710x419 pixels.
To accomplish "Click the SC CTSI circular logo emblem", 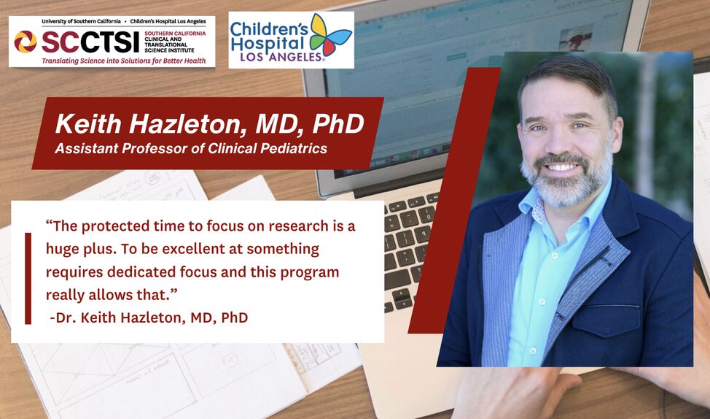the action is pyautogui.click(x=26, y=42).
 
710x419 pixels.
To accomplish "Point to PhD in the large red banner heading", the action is pyautogui.click(x=338, y=124).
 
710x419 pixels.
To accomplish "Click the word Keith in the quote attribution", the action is pyautogui.click(x=98, y=318).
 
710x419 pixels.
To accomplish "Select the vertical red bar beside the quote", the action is pyautogui.click(x=28, y=278).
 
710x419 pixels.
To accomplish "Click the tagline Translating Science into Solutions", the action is pyautogui.click(x=124, y=61).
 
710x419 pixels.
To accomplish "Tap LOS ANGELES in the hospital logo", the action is pyautogui.click(x=281, y=57).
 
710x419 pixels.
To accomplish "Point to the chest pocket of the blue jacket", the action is pyautogui.click(x=606, y=320).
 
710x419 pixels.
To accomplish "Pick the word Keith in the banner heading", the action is pyautogui.click(x=88, y=124).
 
